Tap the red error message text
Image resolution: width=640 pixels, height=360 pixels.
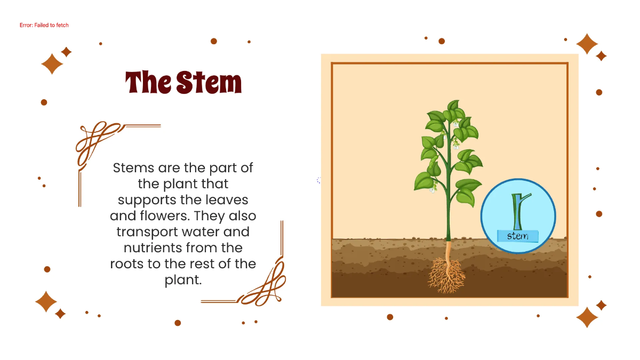(44, 25)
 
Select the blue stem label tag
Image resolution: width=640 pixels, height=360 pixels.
(517, 236)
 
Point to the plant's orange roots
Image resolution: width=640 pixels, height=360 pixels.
(447, 275)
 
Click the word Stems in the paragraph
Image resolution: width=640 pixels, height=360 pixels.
(133, 168)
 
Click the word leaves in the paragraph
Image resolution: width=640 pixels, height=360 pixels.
(228, 201)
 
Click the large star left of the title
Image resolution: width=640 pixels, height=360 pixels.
(52, 63)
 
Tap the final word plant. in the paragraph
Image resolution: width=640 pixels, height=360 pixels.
(183, 280)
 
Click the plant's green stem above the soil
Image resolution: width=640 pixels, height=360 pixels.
(449, 213)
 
